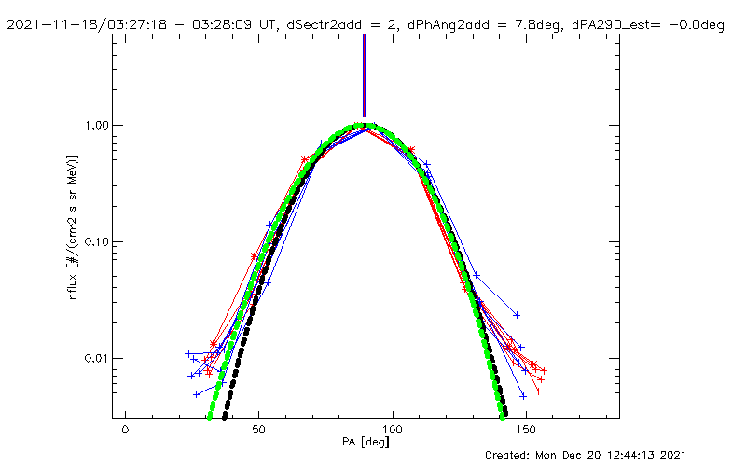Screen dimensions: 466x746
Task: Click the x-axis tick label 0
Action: [x=125, y=433]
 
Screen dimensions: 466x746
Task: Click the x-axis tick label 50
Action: [x=258, y=433]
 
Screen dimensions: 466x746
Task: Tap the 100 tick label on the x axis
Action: [x=393, y=433]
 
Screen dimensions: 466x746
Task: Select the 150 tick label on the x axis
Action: [x=526, y=433]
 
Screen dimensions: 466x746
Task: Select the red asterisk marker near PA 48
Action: [x=254, y=256]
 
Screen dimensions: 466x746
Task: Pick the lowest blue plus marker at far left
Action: [x=197, y=394]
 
